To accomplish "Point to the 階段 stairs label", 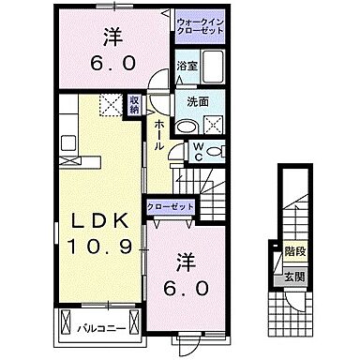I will (x=293, y=251).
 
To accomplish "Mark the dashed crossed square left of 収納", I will (x=111, y=106).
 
